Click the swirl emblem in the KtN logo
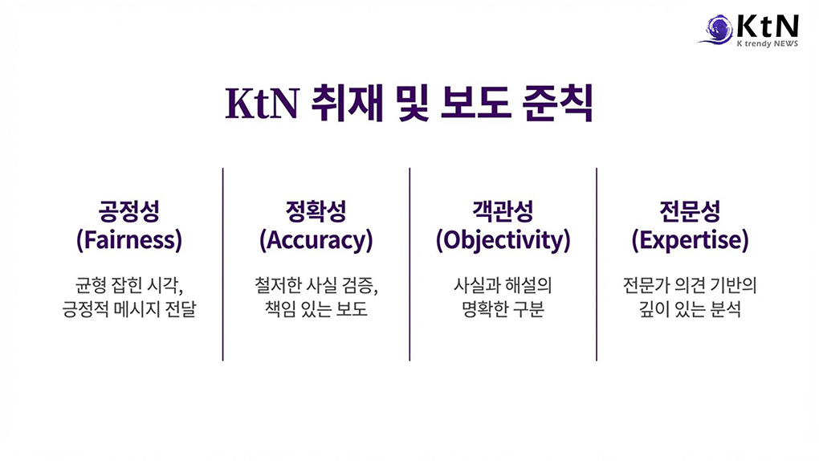716,29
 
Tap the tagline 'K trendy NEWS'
768,44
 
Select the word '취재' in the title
348,103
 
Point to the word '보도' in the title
475,103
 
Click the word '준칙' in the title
558,103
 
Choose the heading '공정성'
129,211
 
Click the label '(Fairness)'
129,240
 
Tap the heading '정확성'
316,211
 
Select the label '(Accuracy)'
316,240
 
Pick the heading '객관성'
503,211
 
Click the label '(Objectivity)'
503,240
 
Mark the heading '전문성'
690,211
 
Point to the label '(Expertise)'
690,240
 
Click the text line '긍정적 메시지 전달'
129,309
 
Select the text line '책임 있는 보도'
316,309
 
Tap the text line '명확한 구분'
503,309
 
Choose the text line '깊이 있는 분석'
690,309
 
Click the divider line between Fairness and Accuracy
223,264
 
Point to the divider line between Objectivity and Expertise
597,264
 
